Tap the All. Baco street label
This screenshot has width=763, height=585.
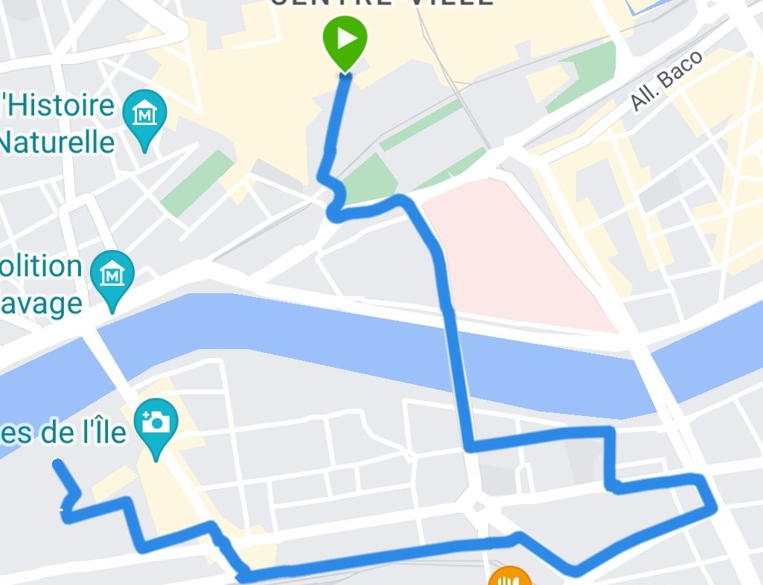(666, 81)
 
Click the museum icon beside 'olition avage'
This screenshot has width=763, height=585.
(112, 275)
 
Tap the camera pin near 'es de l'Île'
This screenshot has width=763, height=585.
(156, 423)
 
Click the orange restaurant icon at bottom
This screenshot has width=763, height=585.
(509, 578)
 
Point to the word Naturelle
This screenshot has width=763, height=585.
(58, 141)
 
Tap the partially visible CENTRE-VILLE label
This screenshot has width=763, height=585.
(381, 4)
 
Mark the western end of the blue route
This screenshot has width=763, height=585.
(57, 464)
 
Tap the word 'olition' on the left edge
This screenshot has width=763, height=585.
(41, 266)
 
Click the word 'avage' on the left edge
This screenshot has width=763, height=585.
(41, 302)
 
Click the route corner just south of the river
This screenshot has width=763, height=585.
(469, 447)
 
